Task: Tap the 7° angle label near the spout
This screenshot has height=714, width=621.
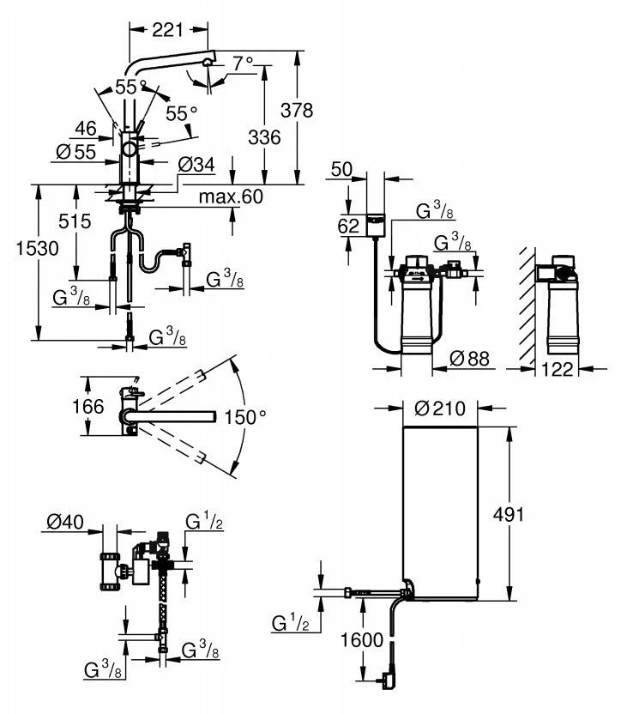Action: coord(243,63)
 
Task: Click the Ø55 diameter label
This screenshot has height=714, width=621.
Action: coord(74,152)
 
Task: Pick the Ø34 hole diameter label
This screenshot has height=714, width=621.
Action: coord(196,165)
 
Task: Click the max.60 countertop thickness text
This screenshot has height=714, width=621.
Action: coord(230,197)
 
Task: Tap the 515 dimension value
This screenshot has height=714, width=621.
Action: coord(75,221)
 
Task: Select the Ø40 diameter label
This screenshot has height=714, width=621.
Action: coord(65,522)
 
